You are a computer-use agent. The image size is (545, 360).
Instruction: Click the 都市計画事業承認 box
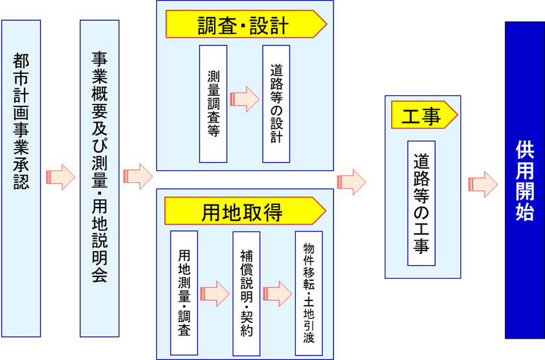(x=21, y=178)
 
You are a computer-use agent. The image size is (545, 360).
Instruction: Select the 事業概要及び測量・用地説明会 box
(x=99, y=178)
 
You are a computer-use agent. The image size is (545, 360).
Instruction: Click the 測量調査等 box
(x=213, y=104)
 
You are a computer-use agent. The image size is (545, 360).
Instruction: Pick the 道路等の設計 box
(x=276, y=104)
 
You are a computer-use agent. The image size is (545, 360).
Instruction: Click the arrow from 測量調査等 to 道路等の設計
(x=244, y=99)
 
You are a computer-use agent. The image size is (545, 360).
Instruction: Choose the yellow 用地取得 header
(x=244, y=211)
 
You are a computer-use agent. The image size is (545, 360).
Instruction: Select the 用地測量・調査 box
(x=184, y=293)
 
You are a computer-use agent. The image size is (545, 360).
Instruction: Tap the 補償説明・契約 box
(x=246, y=293)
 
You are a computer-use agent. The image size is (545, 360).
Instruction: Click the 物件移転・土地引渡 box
(x=308, y=293)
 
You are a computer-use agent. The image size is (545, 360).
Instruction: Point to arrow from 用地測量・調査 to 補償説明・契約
(x=215, y=293)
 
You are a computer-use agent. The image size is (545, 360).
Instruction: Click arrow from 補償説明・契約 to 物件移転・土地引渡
(x=277, y=293)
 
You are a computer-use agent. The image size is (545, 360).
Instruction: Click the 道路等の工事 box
(x=421, y=203)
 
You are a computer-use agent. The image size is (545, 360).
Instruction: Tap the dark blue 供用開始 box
(x=524, y=180)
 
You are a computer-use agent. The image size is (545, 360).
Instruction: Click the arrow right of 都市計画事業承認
(x=60, y=177)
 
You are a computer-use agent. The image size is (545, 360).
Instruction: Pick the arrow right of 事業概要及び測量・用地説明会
(x=138, y=176)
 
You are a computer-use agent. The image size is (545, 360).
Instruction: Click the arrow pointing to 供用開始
(x=483, y=184)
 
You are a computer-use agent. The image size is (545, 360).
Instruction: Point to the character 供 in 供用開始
(x=524, y=150)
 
